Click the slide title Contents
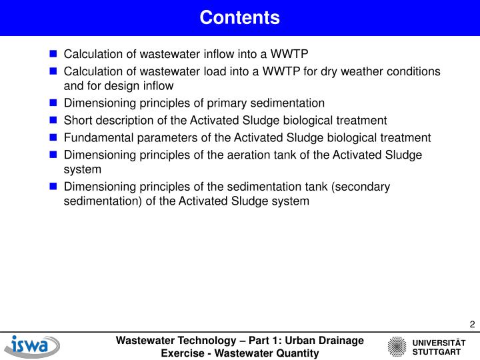click(x=239, y=17)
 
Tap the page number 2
click(x=472, y=325)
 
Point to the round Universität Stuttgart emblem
click(x=397, y=347)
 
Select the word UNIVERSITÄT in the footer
click(x=439, y=342)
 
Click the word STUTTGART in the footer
click(x=436, y=351)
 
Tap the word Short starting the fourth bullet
click(x=77, y=121)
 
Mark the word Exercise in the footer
click(x=183, y=353)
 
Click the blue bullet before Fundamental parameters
click(x=53, y=138)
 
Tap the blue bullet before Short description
click(x=53, y=121)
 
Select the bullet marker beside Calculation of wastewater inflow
click(x=53, y=54)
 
